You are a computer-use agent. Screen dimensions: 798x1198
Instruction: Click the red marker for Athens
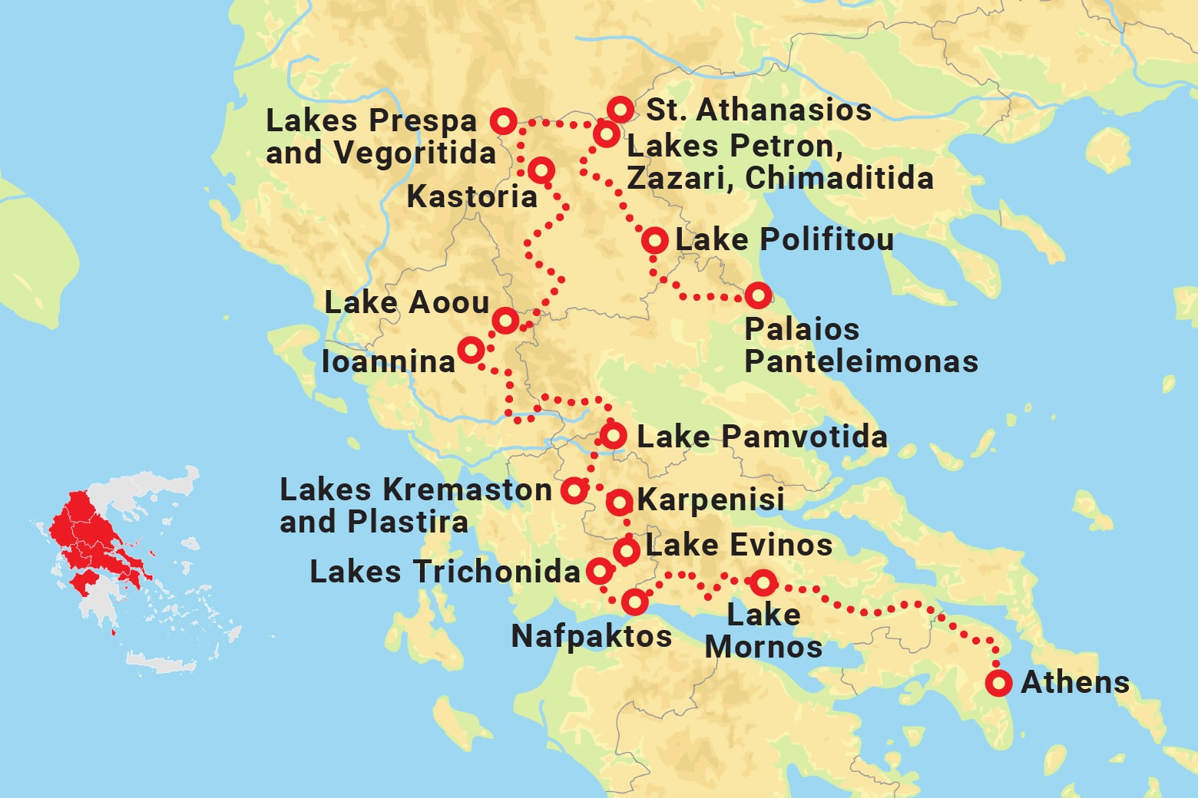(998, 682)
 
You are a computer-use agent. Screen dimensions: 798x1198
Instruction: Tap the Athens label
(1074, 682)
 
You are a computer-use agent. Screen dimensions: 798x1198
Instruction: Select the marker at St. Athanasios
(620, 110)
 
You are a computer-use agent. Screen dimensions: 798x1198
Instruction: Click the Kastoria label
(472, 196)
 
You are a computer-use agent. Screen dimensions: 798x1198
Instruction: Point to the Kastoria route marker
(541, 170)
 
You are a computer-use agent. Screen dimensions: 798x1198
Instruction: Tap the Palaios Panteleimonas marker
(758, 295)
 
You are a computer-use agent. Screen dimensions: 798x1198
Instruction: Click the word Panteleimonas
(861, 361)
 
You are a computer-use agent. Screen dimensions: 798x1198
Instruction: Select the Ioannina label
(389, 361)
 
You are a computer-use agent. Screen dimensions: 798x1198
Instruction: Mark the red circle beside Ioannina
(471, 351)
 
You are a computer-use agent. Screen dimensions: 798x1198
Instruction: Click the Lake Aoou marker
(505, 320)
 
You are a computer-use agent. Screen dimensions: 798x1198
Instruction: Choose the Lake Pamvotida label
(762, 437)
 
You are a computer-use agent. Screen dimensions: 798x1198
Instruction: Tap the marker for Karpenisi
(619, 503)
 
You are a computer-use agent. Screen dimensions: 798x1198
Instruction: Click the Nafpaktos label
(591, 636)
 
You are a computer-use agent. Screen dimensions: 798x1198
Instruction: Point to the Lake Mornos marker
(763, 583)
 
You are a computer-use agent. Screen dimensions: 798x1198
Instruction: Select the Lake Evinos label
(739, 546)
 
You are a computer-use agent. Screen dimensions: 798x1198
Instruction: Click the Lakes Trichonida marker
(600, 571)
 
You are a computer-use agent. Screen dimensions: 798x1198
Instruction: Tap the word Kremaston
(467, 490)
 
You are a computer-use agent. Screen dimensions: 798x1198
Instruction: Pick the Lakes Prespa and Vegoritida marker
(504, 121)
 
